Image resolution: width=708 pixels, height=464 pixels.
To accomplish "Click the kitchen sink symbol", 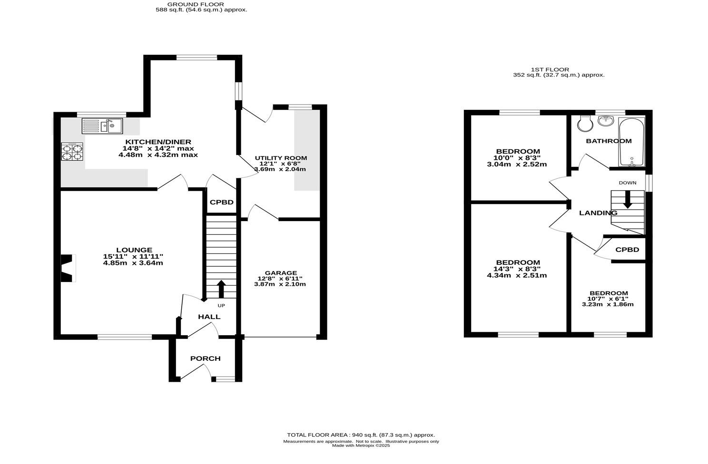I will pos(102,126).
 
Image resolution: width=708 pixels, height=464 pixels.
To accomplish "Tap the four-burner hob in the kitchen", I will pos(72,151).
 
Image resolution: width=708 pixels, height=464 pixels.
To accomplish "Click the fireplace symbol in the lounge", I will pos(67,268).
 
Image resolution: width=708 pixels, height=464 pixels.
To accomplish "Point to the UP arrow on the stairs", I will pos(221,289).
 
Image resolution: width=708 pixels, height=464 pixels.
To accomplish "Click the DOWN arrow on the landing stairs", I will pos(628,199).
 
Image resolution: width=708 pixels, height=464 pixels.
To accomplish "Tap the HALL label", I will pos(209,317).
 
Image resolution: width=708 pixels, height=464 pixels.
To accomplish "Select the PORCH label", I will pos(206,358).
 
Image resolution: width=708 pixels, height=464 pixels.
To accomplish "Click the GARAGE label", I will pos(281,273).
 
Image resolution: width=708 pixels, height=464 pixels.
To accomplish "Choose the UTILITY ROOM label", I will pos(281,158).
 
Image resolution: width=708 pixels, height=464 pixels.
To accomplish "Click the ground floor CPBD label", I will pos(222,202).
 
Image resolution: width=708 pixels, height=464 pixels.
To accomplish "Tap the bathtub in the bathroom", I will pos(631,142).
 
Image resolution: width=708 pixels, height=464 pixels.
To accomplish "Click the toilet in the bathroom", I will pos(584,124).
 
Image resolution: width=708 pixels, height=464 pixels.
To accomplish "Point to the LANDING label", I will pos(598,213).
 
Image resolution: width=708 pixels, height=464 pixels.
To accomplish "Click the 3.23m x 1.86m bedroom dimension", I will pos(608,304).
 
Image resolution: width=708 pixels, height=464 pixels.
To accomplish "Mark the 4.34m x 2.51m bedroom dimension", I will pos(517,275).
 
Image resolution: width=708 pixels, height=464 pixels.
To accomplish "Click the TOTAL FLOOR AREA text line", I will pos(361,435).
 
